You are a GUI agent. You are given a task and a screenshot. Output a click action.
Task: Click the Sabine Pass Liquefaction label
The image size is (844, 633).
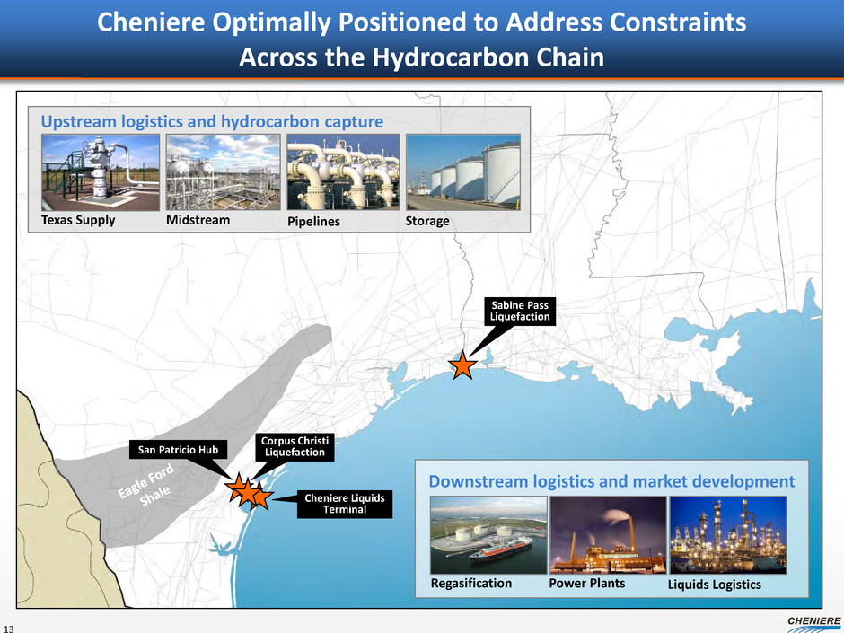tap(520, 312)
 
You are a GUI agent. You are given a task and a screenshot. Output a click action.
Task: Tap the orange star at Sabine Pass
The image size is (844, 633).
tap(462, 365)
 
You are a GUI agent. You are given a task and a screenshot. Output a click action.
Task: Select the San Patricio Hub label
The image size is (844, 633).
tap(178, 450)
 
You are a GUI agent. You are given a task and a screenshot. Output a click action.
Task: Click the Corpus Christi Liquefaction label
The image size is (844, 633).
tap(295, 447)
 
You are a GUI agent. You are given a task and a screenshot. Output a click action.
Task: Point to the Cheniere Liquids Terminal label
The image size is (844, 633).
tap(345, 504)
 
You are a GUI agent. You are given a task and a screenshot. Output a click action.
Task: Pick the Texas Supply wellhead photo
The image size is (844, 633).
tap(101, 172)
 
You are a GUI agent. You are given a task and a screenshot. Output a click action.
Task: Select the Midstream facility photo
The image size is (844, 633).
tap(223, 172)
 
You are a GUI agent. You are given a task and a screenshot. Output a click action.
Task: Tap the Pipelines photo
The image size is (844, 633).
tap(343, 172)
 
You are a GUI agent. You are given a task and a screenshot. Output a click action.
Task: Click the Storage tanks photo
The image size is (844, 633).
tap(463, 172)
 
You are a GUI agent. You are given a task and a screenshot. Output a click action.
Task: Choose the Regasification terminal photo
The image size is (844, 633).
tap(488, 535)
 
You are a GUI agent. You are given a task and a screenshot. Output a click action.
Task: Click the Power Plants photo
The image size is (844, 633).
tap(608, 535)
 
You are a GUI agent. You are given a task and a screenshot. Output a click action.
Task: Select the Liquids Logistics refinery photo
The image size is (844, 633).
tap(728, 535)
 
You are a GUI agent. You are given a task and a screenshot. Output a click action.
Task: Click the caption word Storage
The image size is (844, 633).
tap(427, 221)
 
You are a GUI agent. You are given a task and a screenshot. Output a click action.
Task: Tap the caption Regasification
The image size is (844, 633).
tap(471, 584)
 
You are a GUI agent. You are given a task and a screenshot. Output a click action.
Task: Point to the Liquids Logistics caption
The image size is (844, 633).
tap(715, 585)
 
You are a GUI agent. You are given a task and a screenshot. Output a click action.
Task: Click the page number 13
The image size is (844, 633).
tap(8, 629)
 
